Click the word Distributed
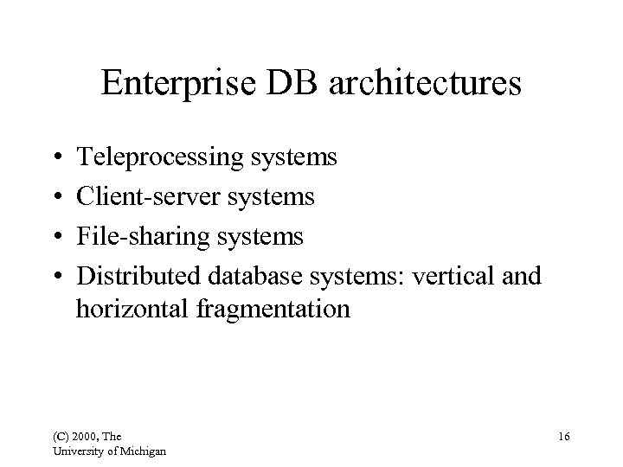tap(138, 275)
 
